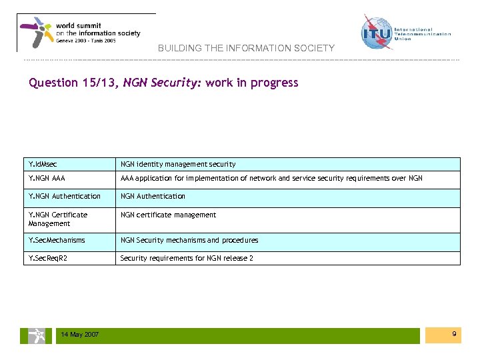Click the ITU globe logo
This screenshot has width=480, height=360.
(x=377, y=32)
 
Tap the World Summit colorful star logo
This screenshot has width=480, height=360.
(x=36, y=32)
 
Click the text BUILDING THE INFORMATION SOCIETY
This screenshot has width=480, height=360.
(x=246, y=49)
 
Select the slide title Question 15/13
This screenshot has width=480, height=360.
(x=73, y=83)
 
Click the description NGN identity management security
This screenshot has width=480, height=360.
(x=177, y=164)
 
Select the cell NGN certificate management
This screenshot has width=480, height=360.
(x=168, y=215)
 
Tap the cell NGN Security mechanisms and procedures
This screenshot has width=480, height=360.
(x=189, y=240)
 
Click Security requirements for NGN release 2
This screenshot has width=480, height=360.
(x=187, y=258)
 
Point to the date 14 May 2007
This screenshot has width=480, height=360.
(x=79, y=335)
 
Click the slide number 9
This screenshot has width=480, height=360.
(x=454, y=333)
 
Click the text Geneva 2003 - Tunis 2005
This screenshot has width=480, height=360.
(x=86, y=41)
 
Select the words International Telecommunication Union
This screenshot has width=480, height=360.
(x=423, y=34)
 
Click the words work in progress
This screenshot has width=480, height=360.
(x=252, y=83)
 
